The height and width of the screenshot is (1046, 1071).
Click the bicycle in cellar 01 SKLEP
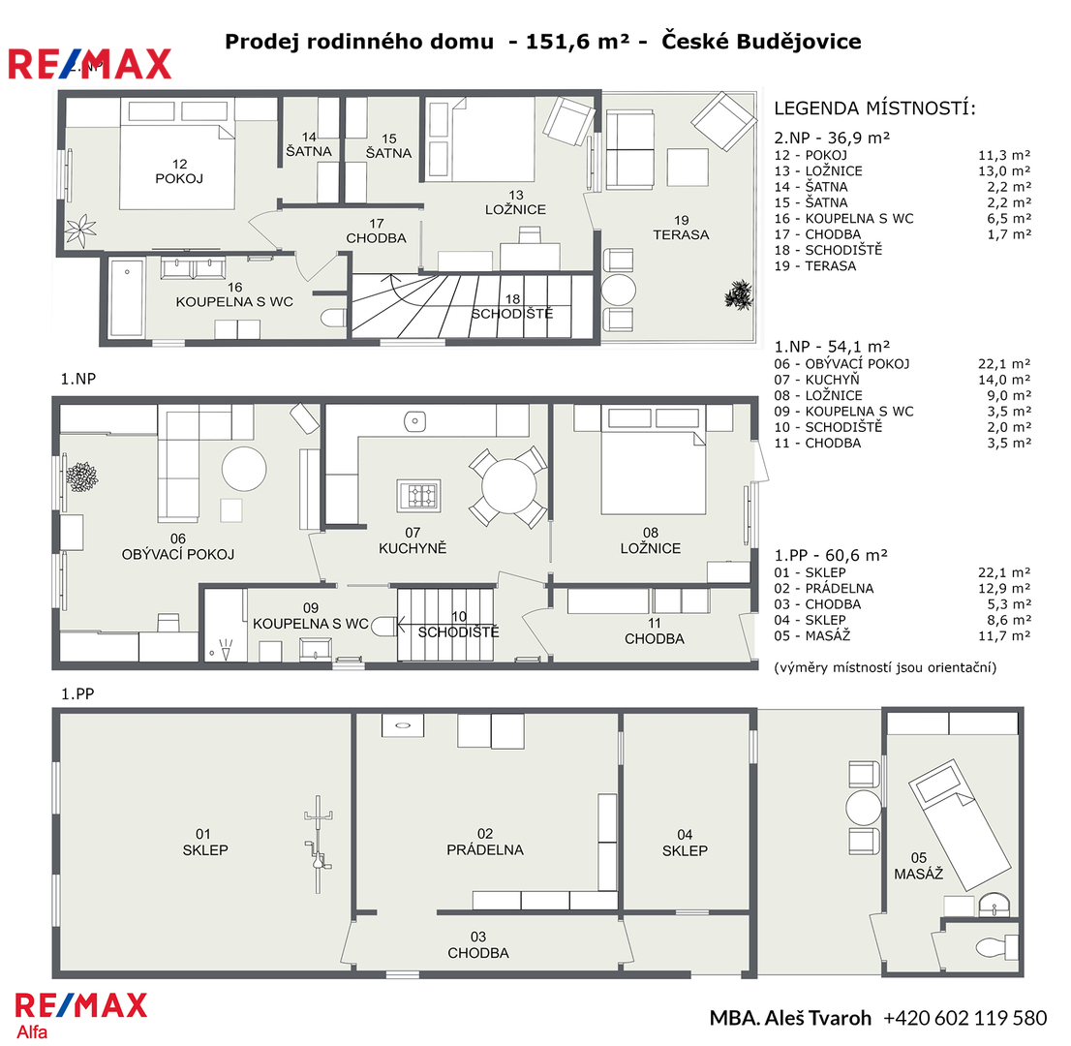coord(319,845)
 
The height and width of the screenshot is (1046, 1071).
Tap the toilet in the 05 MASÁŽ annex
coord(996,947)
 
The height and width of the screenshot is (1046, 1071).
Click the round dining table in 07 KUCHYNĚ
coord(508,487)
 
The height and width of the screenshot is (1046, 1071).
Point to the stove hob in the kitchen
coord(418,495)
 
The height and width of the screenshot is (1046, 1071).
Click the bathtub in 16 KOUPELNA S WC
coord(127,297)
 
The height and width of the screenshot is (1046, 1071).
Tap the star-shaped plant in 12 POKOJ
coord(80,231)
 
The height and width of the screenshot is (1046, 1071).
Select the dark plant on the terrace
coord(738,295)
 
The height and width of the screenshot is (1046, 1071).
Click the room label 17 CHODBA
coord(377,231)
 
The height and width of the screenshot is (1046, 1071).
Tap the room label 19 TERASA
coord(681,228)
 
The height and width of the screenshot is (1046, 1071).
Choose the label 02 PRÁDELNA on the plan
coord(485,842)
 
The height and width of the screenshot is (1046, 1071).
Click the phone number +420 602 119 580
coord(965,1018)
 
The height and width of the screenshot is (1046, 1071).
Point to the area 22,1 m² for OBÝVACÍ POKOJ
coord(1004,364)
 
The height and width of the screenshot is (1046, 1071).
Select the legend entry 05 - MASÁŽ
coord(812,635)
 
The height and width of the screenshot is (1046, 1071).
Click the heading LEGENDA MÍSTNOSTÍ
coord(875,108)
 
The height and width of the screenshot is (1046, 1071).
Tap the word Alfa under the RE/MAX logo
coord(32,1031)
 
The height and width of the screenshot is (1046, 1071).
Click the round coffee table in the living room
coord(244,469)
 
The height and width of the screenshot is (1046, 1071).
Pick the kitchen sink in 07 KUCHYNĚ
coord(414,421)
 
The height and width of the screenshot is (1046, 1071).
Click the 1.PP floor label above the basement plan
coord(77,693)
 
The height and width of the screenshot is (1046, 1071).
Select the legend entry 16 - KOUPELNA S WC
coord(843,219)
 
